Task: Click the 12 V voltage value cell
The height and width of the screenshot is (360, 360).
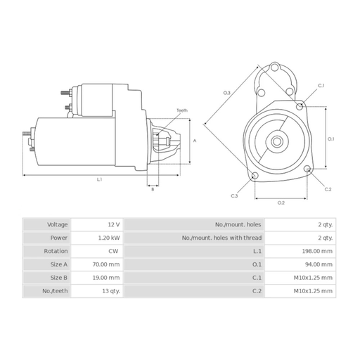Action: tap(114, 224)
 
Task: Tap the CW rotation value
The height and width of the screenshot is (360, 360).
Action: tap(114, 251)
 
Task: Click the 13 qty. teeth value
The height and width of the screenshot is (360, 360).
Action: tap(110, 291)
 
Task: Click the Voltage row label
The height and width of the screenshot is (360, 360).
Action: tap(58, 224)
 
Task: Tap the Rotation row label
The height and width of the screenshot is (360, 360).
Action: tap(56, 251)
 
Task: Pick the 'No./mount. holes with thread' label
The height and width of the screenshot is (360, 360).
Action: tap(221, 238)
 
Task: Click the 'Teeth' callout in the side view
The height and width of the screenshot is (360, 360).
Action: tap(182, 110)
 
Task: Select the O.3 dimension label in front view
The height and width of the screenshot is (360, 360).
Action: tap(227, 93)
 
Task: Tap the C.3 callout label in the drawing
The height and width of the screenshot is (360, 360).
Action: tap(234, 195)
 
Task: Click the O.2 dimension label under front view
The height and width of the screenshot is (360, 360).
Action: tap(281, 202)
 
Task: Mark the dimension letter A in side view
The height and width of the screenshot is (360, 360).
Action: tap(195, 141)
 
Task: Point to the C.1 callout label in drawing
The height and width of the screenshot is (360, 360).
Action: tap(321, 86)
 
